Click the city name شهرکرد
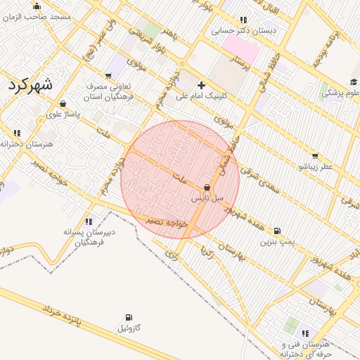point(31,85)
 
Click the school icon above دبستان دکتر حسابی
point(243,20)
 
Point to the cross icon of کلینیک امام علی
point(202,85)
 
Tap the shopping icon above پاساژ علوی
point(63,103)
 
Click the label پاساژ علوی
point(63,113)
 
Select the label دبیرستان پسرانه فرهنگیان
point(89,236)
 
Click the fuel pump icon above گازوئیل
point(128,318)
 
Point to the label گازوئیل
point(129,328)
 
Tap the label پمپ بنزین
point(276,242)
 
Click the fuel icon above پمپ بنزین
point(277,231)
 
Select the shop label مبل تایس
point(207,198)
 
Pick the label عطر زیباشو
point(314,167)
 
